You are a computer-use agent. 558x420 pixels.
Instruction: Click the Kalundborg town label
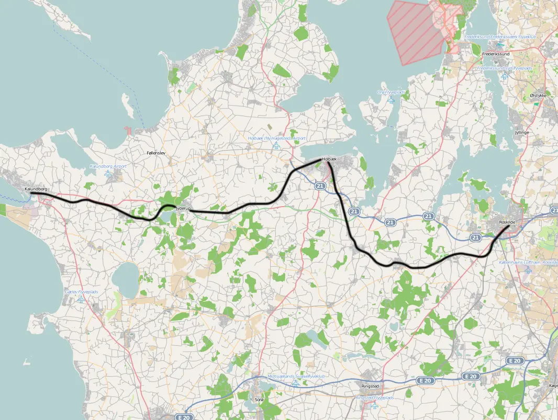pyautogui.click(x=36, y=189)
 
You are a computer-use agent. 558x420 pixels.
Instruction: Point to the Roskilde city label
pyautogui.click(x=508, y=222)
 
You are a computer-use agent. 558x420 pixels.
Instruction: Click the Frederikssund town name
pyautogui.click(x=496, y=54)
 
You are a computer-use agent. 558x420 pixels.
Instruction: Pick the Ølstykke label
pyautogui.click(x=538, y=96)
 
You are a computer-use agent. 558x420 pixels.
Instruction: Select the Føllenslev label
pyautogui.click(x=157, y=153)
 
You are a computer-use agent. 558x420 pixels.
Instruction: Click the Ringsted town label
pyautogui.click(x=370, y=387)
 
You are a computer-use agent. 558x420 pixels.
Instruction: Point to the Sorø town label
pyautogui.click(x=259, y=400)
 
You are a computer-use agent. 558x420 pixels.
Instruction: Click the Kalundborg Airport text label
pyautogui.click(x=108, y=166)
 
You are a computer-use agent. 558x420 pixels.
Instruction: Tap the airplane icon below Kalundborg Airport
pyautogui.click(x=108, y=174)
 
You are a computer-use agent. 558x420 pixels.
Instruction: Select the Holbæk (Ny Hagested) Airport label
pyautogui.click(x=276, y=138)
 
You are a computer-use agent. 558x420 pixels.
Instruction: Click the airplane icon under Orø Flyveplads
pyautogui.click(x=391, y=100)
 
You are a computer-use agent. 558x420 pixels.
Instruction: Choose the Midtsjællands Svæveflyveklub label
pyautogui.click(x=296, y=376)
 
